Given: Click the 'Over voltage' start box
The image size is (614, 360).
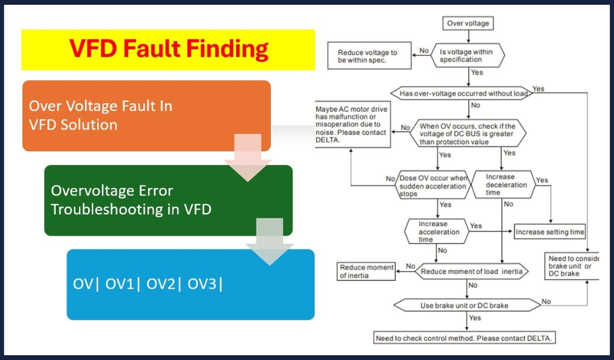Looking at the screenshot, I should click(468, 23).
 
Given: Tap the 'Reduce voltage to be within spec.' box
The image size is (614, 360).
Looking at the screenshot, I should click(367, 56).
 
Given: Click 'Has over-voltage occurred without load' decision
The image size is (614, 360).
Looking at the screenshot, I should click(460, 94).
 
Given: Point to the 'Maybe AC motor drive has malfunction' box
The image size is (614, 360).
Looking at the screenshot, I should click(353, 125).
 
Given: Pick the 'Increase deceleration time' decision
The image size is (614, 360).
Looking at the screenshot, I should click(503, 185).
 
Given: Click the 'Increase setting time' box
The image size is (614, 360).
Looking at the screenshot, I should click(550, 232).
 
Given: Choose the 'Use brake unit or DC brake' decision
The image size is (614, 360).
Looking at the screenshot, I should click(463, 305).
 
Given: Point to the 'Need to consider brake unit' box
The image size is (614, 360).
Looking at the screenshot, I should click(570, 266).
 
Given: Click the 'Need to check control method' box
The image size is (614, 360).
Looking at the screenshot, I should click(464, 338).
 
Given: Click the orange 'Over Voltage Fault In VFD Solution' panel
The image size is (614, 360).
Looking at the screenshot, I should click(146, 115).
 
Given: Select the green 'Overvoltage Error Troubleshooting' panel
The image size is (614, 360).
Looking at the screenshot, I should click(168, 200).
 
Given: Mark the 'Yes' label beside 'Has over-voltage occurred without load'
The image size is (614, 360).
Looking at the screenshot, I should click(538, 89).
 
